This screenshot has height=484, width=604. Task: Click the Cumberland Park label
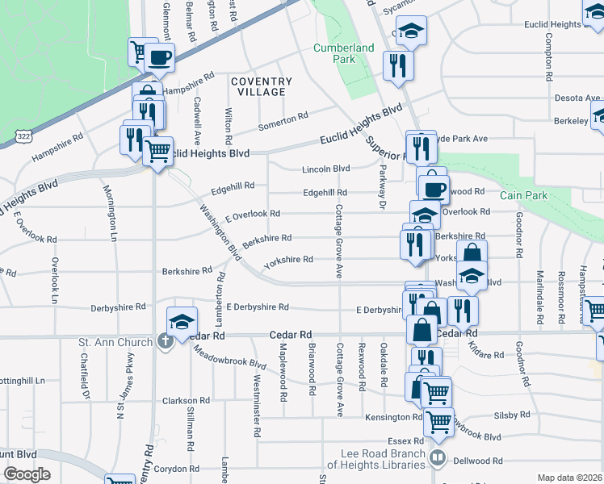tap(344, 53)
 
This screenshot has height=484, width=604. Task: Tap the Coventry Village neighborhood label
tap(261, 86)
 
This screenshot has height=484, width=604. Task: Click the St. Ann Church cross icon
tap(166, 342)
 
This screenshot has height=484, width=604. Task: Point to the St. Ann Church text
tap(115, 342)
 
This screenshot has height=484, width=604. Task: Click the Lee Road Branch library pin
tap(438, 459)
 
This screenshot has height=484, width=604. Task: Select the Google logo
tap(27, 474)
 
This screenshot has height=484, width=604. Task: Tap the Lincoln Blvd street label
tap(325, 169)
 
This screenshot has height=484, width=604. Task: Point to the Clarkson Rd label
tap(186, 400)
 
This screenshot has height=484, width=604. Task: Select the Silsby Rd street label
tap(513, 415)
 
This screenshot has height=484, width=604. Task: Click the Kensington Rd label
tap(392, 417)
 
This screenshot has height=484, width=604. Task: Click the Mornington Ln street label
tap(111, 213)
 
